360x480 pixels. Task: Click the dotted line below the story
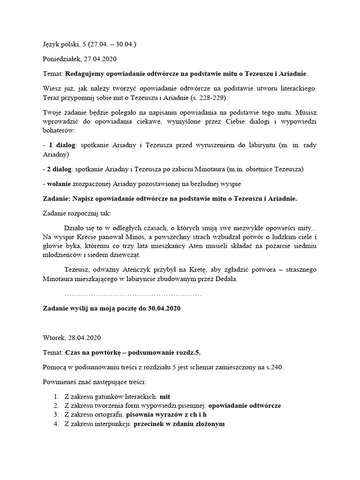coord(133,295)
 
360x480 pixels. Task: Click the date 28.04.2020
coord(84,337)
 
